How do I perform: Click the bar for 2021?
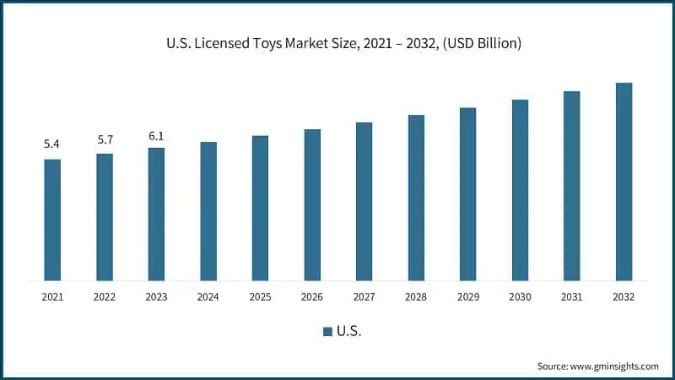point(52,220)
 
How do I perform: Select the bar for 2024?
point(208,211)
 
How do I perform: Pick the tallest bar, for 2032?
point(624,182)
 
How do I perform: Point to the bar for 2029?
point(467,194)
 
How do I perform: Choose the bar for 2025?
point(260,208)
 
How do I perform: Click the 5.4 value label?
point(52,144)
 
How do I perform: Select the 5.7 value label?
point(105,138)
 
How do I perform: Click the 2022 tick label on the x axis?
point(105,296)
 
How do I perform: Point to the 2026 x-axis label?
point(312,296)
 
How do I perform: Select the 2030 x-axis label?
point(520,296)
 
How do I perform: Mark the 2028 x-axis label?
point(416,296)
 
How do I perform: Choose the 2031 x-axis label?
point(571,296)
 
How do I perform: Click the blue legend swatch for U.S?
point(327,332)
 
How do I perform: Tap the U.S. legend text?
point(348,332)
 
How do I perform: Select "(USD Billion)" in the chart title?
point(478,43)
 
